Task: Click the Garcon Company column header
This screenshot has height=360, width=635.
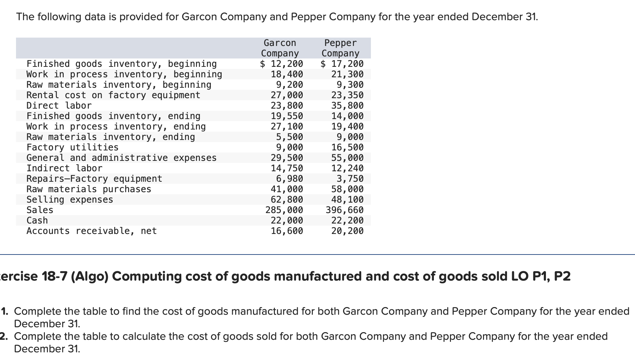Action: click(280, 48)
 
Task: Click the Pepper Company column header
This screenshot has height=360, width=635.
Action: click(340, 48)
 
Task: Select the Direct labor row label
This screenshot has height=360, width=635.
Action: click(59, 105)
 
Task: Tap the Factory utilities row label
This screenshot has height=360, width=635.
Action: click(72, 147)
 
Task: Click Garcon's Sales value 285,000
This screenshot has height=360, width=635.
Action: click(284, 210)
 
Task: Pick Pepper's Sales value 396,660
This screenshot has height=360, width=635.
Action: click(344, 210)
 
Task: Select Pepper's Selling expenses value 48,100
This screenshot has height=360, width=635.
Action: click(347, 199)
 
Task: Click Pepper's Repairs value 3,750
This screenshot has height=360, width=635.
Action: click(350, 179)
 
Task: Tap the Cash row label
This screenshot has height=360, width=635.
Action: click(37, 220)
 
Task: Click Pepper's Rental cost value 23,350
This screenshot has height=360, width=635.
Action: click(347, 95)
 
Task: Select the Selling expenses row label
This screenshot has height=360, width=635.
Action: click(70, 199)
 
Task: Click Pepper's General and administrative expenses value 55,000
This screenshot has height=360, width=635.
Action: click(347, 158)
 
